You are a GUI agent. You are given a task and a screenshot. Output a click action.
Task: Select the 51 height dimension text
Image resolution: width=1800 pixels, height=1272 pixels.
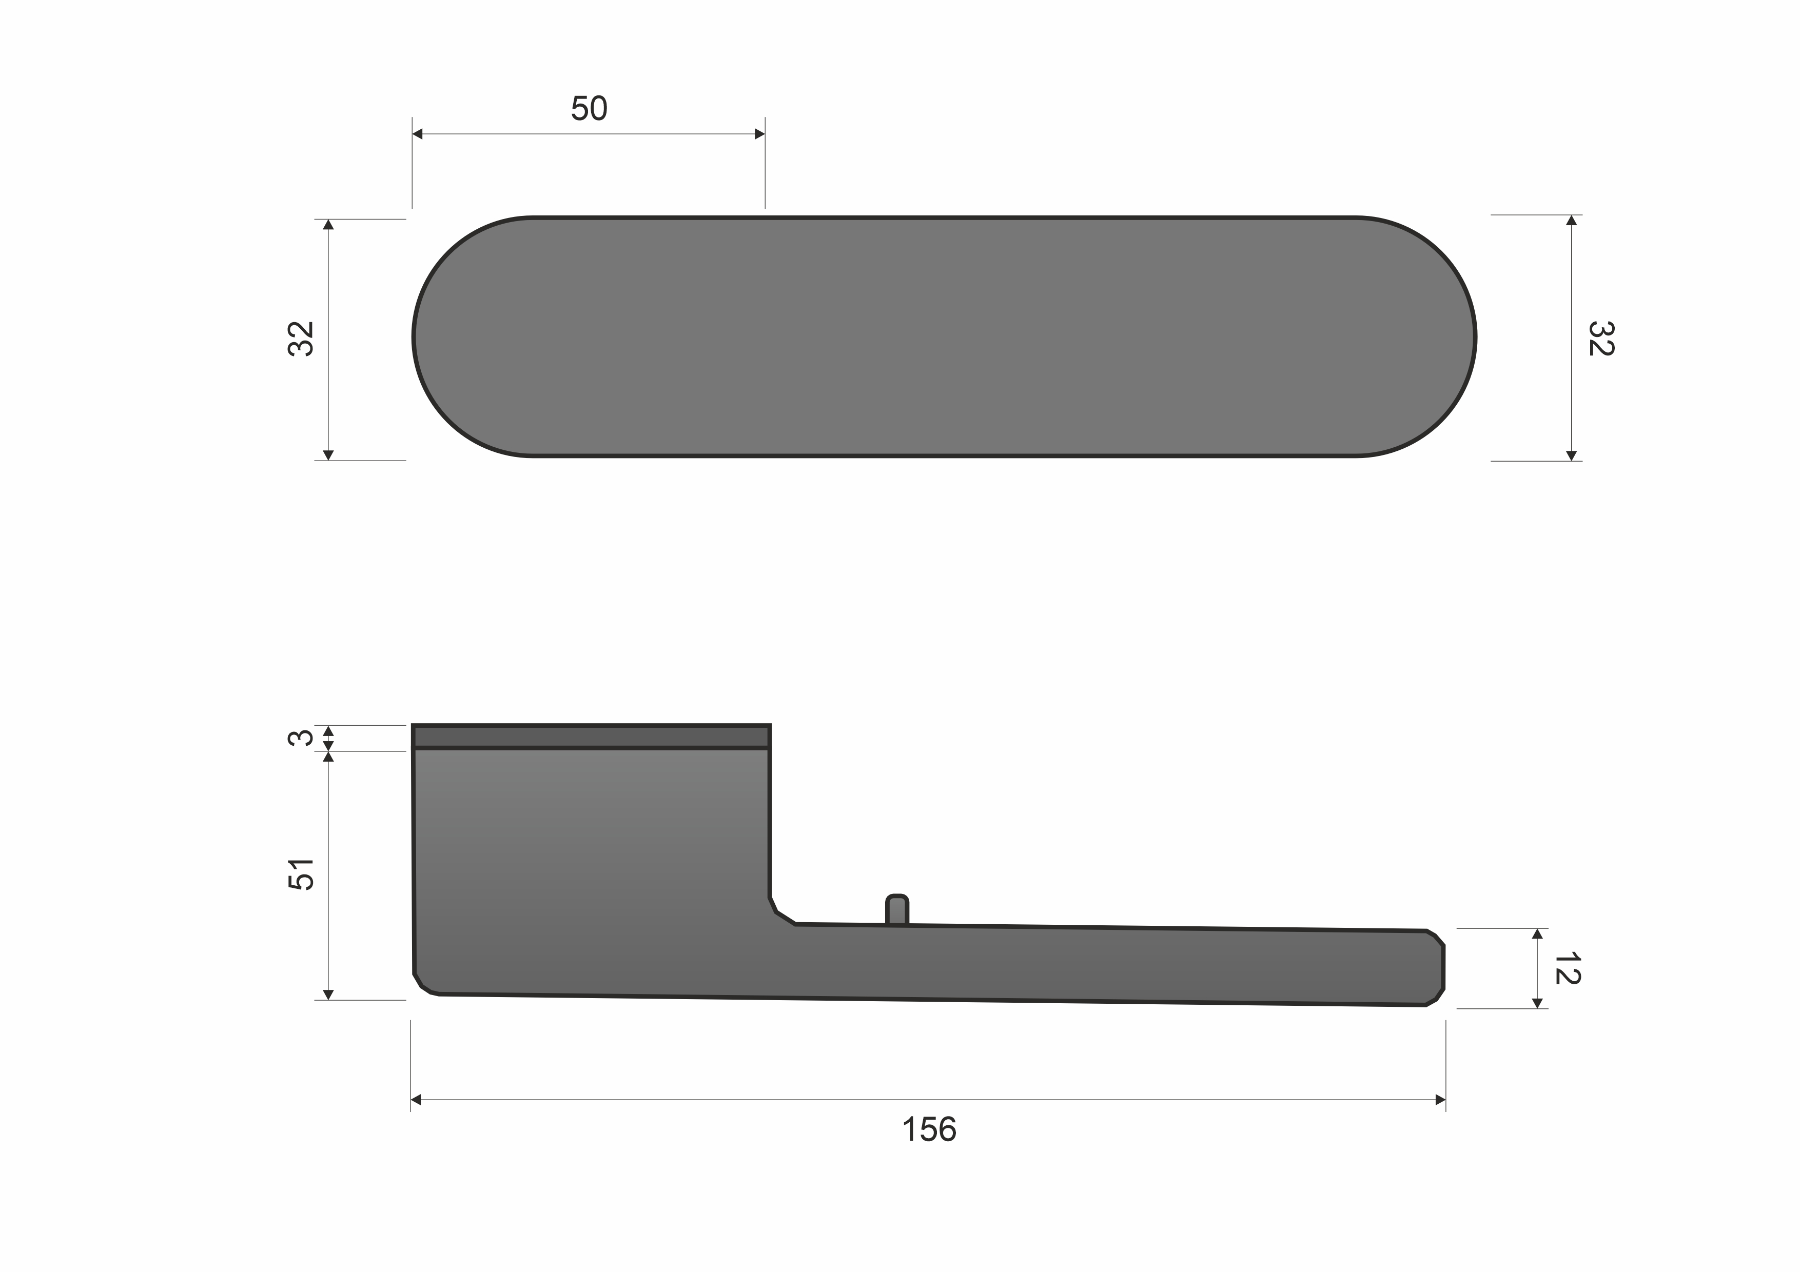pyautogui.click(x=302, y=874)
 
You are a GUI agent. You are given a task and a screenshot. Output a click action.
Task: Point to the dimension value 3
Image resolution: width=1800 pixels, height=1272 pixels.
pyautogui.click(x=301, y=738)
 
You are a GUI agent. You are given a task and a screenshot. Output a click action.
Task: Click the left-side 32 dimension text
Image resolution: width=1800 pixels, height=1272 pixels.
pyautogui.click(x=301, y=339)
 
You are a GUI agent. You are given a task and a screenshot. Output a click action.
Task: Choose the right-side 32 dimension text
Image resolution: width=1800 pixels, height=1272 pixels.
pyautogui.click(x=1600, y=339)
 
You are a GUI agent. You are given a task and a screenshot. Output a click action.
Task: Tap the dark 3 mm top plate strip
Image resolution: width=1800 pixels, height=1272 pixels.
pyautogui.click(x=591, y=737)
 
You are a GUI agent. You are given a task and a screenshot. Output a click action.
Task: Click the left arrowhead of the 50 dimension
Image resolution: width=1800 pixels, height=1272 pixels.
pyautogui.click(x=418, y=134)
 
